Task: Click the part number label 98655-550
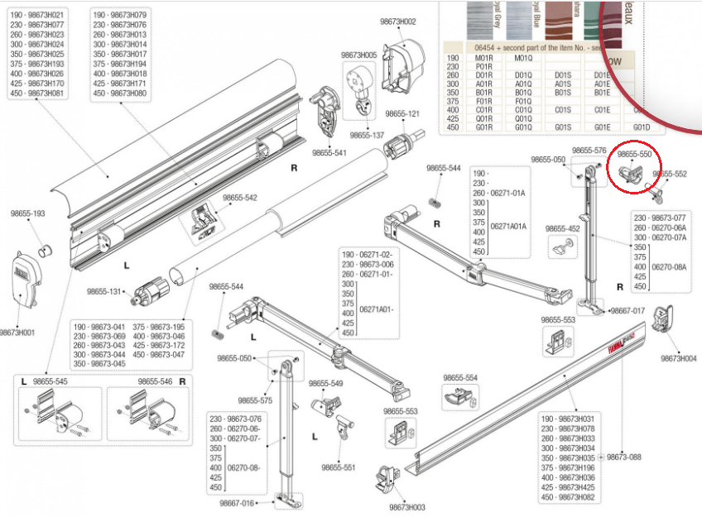[x=634, y=154]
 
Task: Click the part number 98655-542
[x=239, y=198]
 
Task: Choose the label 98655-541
[x=330, y=152]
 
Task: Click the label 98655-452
[x=562, y=228]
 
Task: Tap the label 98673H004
[x=679, y=358]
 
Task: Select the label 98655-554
[x=460, y=377]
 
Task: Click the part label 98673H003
[x=407, y=507]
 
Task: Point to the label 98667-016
[x=237, y=502]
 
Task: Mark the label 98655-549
[x=325, y=383]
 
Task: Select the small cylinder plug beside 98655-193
[x=46, y=247]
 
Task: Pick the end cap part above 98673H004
[x=666, y=320]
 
